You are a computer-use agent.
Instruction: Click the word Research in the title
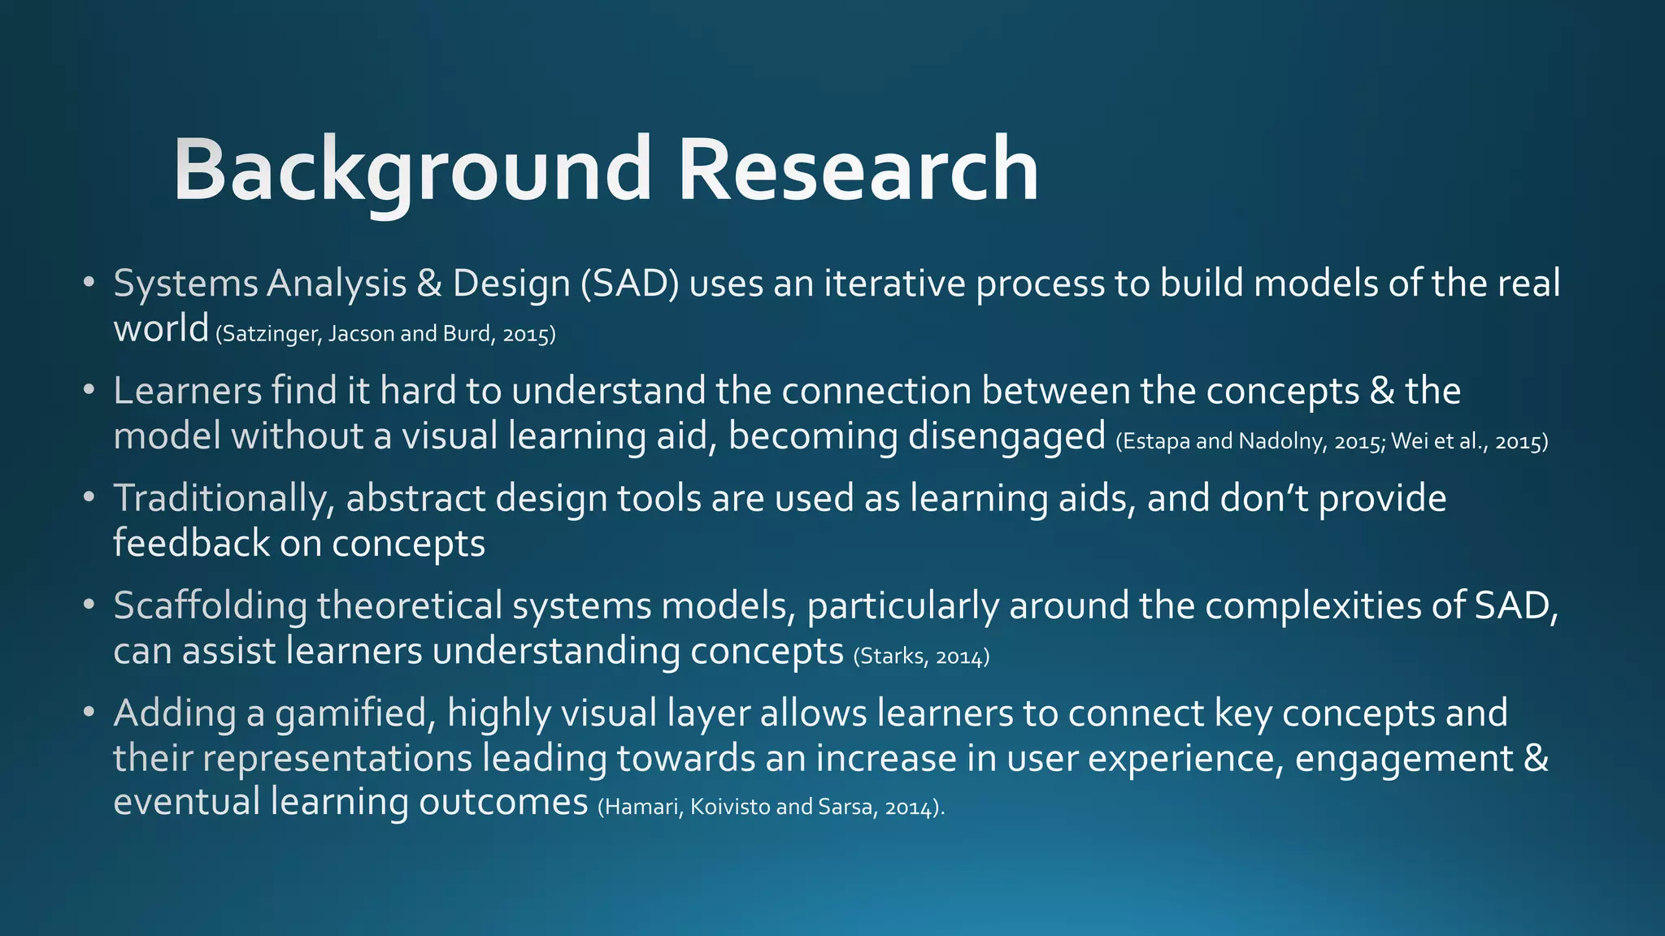(x=858, y=169)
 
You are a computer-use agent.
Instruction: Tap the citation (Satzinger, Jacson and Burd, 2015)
(x=385, y=334)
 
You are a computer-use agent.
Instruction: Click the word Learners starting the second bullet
(x=187, y=391)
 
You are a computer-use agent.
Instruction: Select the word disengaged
(x=1006, y=436)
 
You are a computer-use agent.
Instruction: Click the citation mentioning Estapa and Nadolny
(x=1331, y=441)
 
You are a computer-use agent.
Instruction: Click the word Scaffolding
(x=210, y=606)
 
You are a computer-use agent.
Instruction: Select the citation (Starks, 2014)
(x=921, y=656)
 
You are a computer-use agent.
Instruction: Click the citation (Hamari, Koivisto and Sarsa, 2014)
(x=771, y=807)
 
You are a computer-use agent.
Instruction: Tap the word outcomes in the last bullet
(x=503, y=802)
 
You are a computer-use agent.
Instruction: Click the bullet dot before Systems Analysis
(x=89, y=284)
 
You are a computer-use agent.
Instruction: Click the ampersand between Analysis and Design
(x=428, y=284)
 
